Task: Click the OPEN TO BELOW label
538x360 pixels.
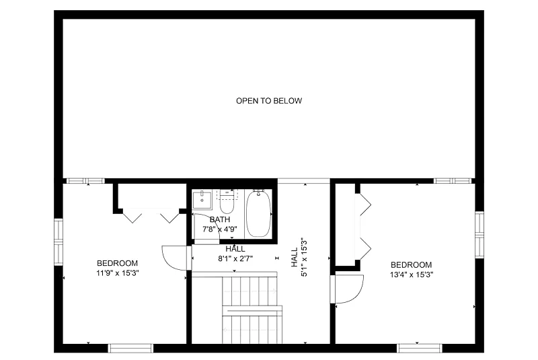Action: tap(269, 101)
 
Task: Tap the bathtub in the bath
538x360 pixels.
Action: tap(258, 214)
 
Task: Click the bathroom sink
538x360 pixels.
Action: tap(202, 200)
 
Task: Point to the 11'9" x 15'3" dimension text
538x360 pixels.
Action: tap(117, 273)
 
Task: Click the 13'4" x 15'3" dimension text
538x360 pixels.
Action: tap(412, 275)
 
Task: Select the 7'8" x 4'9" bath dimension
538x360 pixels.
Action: tap(220, 229)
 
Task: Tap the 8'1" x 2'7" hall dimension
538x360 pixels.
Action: tap(235, 259)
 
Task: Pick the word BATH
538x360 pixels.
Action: tap(220, 219)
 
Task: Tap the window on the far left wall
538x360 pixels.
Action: tap(59, 242)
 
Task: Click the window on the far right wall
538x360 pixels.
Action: tap(479, 234)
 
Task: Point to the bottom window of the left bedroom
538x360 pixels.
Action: tap(130, 348)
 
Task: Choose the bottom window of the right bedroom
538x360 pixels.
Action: tap(420, 348)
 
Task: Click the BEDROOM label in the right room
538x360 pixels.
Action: tap(412, 265)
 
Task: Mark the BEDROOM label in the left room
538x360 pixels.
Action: tap(117, 263)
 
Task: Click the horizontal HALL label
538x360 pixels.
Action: tap(235, 249)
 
